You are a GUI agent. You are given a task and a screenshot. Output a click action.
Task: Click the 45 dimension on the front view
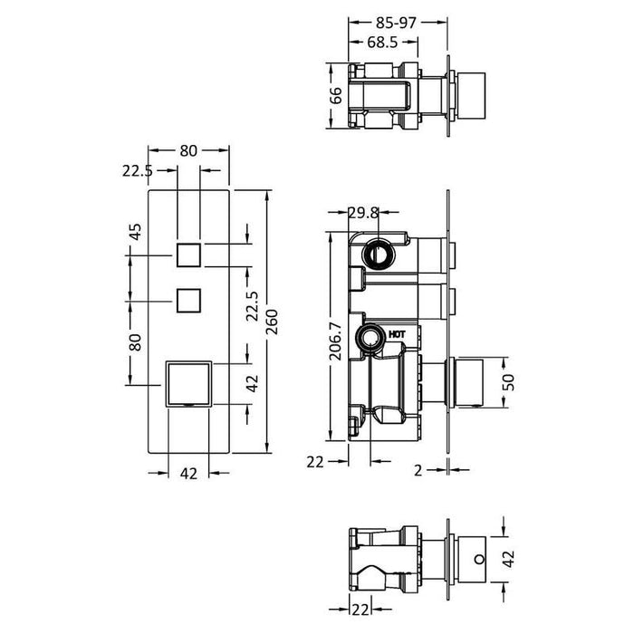point(137,232)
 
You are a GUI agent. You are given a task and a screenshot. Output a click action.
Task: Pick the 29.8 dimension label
point(365,213)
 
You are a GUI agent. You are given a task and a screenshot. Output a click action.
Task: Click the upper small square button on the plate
point(188,255)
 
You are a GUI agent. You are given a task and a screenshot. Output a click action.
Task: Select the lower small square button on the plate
point(188,299)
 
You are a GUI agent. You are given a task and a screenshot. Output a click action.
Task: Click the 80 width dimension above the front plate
point(188,151)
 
